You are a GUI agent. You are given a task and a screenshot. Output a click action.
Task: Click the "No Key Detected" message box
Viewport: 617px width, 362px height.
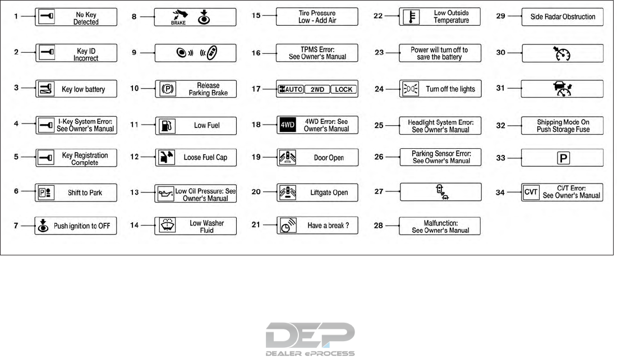[76, 17]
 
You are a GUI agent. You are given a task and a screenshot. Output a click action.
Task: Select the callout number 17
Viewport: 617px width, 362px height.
[256, 89]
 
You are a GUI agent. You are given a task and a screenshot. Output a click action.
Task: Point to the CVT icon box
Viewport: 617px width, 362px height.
[530, 192]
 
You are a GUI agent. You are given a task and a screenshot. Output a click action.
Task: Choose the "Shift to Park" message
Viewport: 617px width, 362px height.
[76, 193]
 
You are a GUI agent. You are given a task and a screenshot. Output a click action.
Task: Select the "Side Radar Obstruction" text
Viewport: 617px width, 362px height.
[563, 17]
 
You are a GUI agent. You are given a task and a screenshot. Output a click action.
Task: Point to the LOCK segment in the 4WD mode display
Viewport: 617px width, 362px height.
[343, 89]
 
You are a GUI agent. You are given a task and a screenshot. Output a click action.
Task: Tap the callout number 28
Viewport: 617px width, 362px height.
[379, 226]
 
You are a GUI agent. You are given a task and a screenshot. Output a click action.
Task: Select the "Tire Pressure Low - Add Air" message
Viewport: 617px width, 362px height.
[317, 17]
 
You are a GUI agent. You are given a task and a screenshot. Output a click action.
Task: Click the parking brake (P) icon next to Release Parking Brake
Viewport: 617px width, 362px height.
[166, 89]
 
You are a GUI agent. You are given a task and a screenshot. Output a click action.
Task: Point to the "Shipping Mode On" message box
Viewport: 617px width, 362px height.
[562, 125]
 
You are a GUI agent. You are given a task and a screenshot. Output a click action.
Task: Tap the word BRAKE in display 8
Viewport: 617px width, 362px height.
[178, 23]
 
